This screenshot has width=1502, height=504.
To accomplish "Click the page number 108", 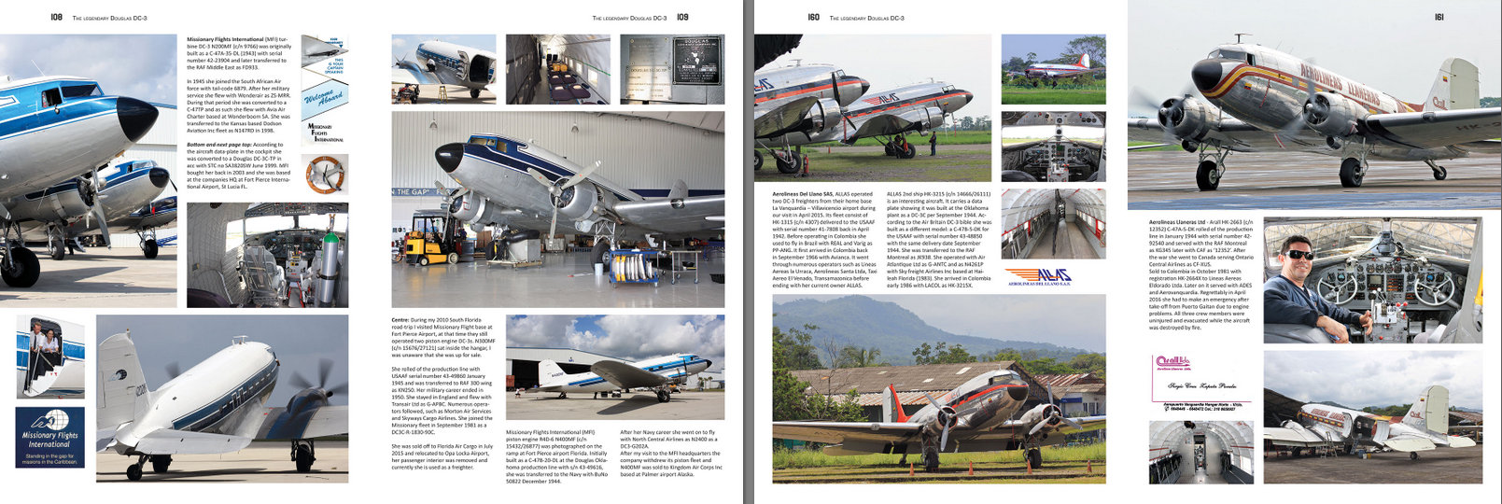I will (56, 17).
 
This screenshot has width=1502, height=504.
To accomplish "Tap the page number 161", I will (1439, 17).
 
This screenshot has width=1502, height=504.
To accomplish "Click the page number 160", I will (813, 17).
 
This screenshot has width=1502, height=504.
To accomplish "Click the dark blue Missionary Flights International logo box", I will (49, 437).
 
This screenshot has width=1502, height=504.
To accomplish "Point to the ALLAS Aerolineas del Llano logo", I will (1039, 276).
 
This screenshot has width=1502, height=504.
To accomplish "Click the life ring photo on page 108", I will (325, 175).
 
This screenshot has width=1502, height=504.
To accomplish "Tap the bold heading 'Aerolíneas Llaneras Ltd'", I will (1179, 222).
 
